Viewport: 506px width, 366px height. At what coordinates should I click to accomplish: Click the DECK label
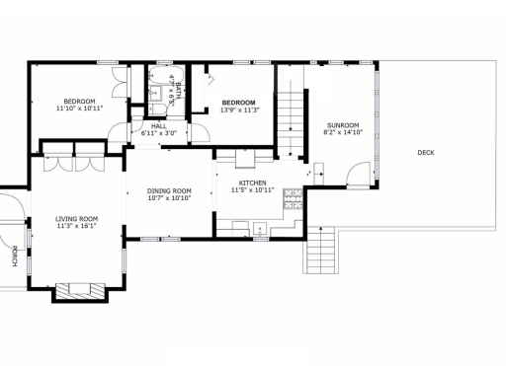click(x=426, y=153)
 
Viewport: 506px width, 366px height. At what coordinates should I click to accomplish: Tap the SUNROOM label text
click(x=343, y=125)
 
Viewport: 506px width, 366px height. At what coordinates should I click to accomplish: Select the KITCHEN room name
click(x=252, y=183)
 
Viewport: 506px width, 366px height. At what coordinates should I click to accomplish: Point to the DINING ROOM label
click(x=169, y=190)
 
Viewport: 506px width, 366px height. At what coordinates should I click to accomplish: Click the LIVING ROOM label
click(x=76, y=219)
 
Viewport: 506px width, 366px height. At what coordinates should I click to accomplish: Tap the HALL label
click(x=159, y=126)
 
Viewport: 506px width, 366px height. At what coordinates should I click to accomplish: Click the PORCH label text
click(x=15, y=256)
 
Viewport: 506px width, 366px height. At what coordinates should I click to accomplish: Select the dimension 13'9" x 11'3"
click(x=240, y=110)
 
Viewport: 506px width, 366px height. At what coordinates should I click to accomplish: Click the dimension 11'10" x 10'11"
click(x=79, y=109)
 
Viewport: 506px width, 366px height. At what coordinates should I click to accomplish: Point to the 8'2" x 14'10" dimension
click(x=343, y=132)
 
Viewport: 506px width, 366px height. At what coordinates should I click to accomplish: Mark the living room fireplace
click(x=80, y=292)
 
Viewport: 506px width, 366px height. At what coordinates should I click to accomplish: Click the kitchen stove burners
click(x=293, y=199)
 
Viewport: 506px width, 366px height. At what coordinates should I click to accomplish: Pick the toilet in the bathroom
click(x=158, y=109)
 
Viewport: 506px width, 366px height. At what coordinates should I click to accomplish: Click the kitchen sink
click(x=260, y=229)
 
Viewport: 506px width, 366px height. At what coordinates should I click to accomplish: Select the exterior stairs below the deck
click(x=320, y=250)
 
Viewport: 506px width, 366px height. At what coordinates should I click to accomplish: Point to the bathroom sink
click(x=154, y=93)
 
